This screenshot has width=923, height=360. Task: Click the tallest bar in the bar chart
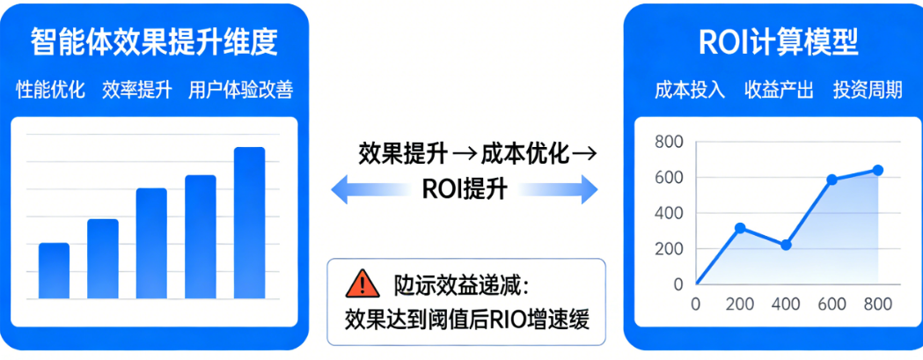point(249,223)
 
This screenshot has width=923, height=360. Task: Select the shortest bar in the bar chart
point(55,271)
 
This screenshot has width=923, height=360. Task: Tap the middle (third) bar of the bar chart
point(151,244)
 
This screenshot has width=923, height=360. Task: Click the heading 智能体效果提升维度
point(154,40)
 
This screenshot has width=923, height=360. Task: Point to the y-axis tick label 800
point(669,143)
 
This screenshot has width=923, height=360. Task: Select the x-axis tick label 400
point(786,304)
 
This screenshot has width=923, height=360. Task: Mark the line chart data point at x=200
point(740,228)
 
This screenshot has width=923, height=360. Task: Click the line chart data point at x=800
point(877,170)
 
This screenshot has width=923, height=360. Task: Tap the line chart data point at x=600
point(831,180)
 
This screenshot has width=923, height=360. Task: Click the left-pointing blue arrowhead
point(340,188)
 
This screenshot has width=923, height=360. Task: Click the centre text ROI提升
point(464,188)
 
